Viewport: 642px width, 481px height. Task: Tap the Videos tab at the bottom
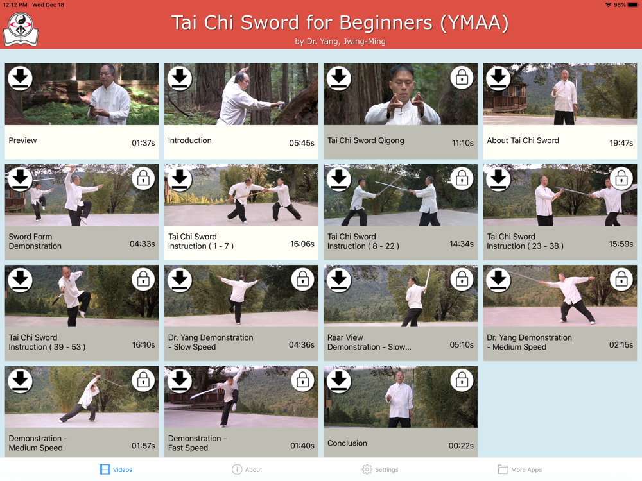pyautogui.click(x=116, y=469)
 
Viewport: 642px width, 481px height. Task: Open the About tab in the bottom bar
pyautogui.click(x=247, y=469)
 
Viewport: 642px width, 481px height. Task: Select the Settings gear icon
pyautogui.click(x=367, y=469)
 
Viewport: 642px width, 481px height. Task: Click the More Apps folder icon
pyautogui.click(x=503, y=469)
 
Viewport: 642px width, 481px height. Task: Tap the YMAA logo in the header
pyautogui.click(x=21, y=29)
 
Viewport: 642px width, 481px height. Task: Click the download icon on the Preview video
pyautogui.click(x=20, y=78)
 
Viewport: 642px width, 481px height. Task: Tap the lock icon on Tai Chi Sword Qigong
pyautogui.click(x=462, y=78)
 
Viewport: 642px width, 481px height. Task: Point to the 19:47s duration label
pyautogui.click(x=621, y=143)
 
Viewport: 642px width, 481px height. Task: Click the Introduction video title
pyautogui.click(x=189, y=140)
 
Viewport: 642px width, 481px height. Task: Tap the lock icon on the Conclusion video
pyautogui.click(x=462, y=380)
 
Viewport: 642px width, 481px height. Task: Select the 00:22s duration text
pyautogui.click(x=461, y=446)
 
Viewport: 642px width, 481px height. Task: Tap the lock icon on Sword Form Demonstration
pyautogui.click(x=143, y=178)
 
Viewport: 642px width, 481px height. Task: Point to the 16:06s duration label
pyautogui.click(x=302, y=244)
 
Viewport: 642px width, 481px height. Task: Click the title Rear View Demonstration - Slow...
pyautogui.click(x=369, y=342)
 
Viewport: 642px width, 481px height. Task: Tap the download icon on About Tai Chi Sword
pyautogui.click(x=498, y=78)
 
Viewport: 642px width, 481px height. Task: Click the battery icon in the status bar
pyautogui.click(x=633, y=5)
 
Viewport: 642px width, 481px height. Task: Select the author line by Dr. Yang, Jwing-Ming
pyautogui.click(x=340, y=41)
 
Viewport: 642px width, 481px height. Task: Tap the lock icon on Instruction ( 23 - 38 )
pyautogui.click(x=621, y=178)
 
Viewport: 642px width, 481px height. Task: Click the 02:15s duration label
pyautogui.click(x=621, y=345)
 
